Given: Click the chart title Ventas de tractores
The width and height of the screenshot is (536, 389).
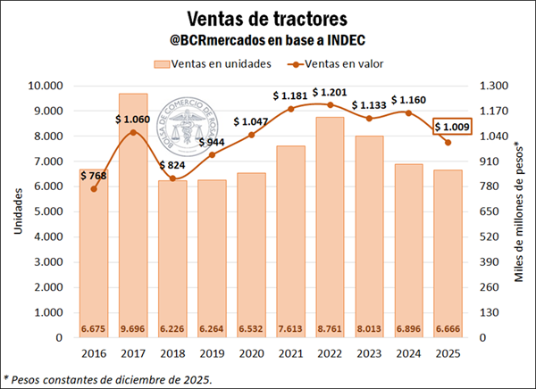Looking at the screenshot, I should click(268, 17).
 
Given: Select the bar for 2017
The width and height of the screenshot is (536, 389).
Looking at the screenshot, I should click(133, 214).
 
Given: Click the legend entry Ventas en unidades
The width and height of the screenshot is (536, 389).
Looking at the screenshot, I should click(210, 63).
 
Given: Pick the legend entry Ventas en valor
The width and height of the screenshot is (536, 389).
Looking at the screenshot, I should click(340, 63).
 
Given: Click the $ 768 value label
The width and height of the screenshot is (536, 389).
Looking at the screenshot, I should click(94, 176).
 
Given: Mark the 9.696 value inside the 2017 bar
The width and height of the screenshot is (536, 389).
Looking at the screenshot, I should click(133, 328).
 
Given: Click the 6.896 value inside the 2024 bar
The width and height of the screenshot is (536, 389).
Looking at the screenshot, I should click(411, 328).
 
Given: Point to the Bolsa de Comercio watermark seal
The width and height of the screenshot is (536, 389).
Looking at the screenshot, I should click(190, 130).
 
